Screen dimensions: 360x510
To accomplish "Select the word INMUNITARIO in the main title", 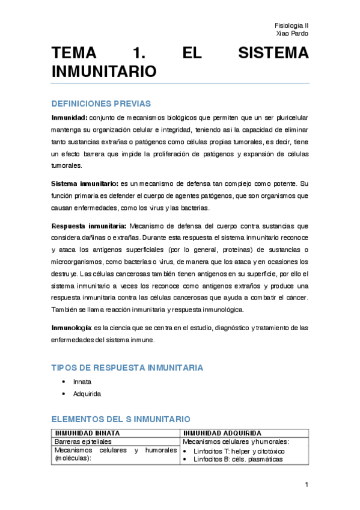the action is (x=105, y=72).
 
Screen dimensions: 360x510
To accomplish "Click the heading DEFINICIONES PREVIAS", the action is (x=101, y=103).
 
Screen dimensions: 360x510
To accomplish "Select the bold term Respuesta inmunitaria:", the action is (x=89, y=226).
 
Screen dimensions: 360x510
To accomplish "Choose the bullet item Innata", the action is (x=82, y=382).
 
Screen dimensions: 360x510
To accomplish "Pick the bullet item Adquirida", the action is (x=87, y=394).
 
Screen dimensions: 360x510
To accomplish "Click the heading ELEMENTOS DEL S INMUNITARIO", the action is (x=121, y=419).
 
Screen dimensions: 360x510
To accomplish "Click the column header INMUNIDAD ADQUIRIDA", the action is (x=222, y=433).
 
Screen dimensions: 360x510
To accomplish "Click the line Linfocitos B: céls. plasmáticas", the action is (x=237, y=459).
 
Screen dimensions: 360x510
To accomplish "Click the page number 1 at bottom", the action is (x=306, y=485).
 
